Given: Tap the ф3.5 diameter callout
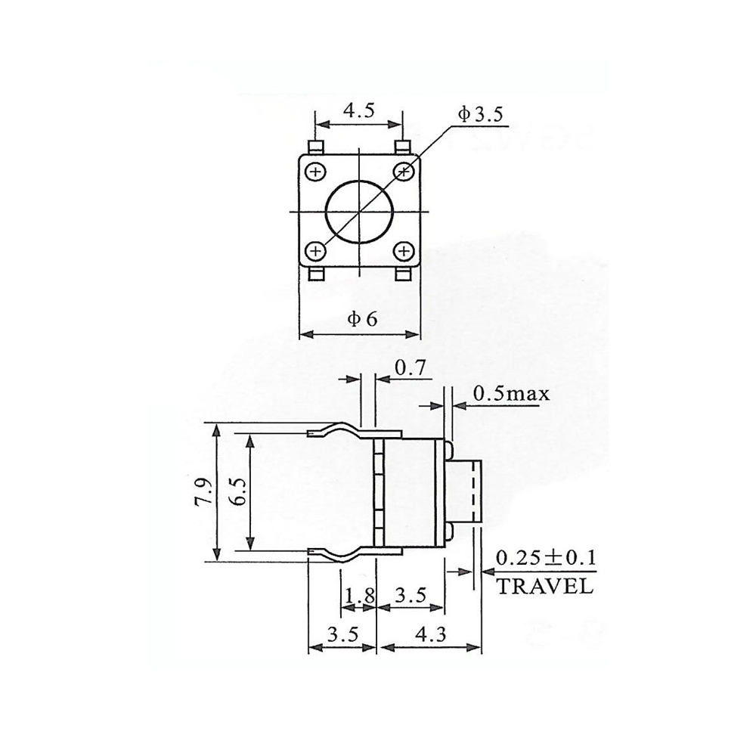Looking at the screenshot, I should pyautogui.click(x=479, y=115).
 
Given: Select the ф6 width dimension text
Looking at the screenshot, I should pyautogui.click(x=361, y=319).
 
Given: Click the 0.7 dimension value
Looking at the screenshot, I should pyautogui.click(x=412, y=368).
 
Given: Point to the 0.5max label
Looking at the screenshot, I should pyautogui.click(x=511, y=394).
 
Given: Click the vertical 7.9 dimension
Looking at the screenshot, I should pyautogui.click(x=203, y=493).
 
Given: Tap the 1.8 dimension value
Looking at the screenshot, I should pyautogui.click(x=359, y=597).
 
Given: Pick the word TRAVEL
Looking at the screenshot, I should pyautogui.click(x=544, y=587).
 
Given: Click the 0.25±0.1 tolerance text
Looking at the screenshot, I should pyautogui.click(x=546, y=559).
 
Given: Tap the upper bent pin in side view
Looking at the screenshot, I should pyautogui.click(x=333, y=431).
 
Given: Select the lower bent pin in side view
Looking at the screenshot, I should pyautogui.click(x=333, y=555).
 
